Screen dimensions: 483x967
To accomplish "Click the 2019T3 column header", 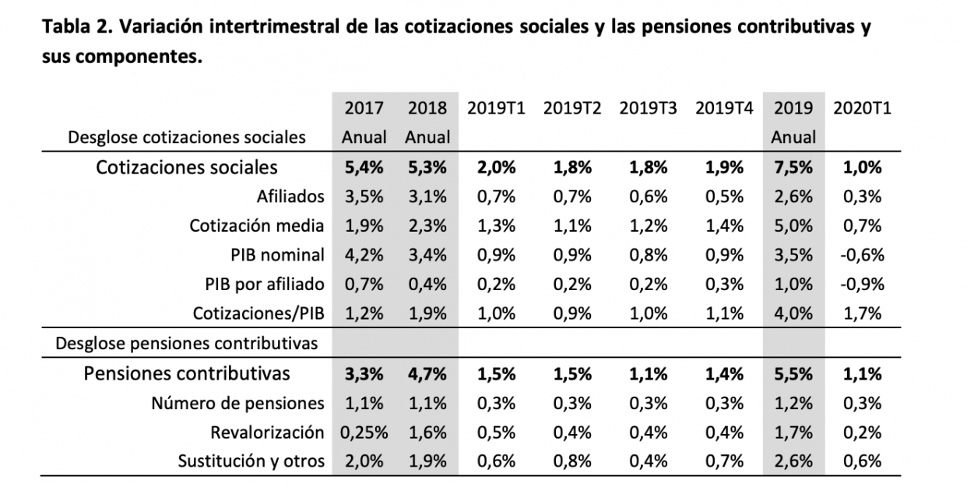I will (x=649, y=108).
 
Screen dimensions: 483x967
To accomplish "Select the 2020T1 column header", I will (x=862, y=108).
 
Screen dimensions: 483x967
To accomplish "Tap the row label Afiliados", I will (x=290, y=196).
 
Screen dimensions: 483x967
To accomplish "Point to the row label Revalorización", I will (x=267, y=432).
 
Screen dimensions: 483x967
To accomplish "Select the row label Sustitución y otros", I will (x=250, y=460).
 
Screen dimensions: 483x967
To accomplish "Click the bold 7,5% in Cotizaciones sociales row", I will (x=793, y=167).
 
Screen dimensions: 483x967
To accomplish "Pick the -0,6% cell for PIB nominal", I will (x=862, y=254).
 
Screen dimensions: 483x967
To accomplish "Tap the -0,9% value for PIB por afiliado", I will (x=862, y=284).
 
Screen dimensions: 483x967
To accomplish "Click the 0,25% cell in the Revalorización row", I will (x=364, y=432).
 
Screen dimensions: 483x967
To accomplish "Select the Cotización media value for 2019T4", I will (x=725, y=226).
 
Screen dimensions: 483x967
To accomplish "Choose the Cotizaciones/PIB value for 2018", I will (x=427, y=313).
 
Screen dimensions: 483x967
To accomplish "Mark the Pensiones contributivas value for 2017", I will (x=364, y=374).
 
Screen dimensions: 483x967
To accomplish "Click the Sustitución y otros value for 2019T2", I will (x=572, y=460).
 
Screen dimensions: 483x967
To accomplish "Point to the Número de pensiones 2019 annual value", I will (x=793, y=403).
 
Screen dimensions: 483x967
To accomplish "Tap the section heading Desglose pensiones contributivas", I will (x=187, y=343).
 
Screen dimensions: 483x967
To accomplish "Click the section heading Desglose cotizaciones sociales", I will (x=187, y=138).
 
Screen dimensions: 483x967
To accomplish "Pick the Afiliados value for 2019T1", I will (x=496, y=196).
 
